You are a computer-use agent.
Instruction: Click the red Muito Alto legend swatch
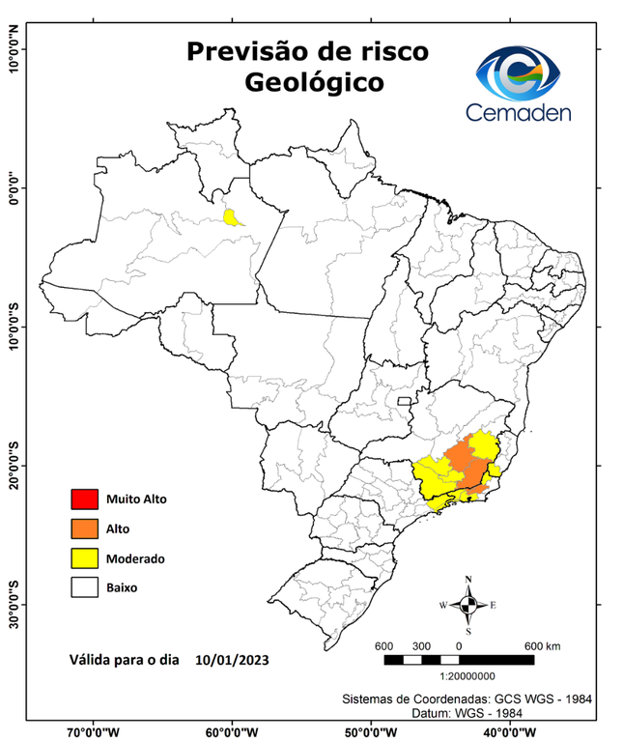click(x=85, y=499)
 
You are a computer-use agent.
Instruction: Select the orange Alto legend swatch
click(x=85, y=528)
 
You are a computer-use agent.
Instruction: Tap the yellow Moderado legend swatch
click(x=85, y=557)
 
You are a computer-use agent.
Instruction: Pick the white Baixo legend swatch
click(x=85, y=586)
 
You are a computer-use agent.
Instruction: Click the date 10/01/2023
click(x=231, y=661)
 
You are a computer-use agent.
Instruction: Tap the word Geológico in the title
click(x=313, y=83)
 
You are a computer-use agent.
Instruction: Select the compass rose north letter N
click(x=468, y=581)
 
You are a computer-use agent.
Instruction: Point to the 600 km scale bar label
click(x=542, y=645)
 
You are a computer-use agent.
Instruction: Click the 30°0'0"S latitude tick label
click(x=14, y=604)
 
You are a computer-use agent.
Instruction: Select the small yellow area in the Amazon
click(x=232, y=216)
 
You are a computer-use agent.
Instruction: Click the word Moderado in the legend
click(x=136, y=558)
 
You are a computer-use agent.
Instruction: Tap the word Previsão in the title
click(x=241, y=50)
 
